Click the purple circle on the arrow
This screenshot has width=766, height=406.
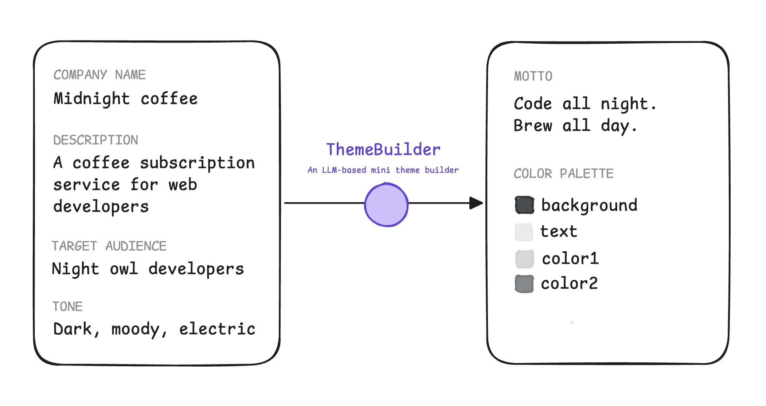pos(386,205)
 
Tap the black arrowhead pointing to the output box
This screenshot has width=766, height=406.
pos(476,203)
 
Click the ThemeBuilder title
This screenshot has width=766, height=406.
pos(383,149)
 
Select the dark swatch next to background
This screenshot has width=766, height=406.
pos(524,205)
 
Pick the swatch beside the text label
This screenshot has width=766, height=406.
pos(524,232)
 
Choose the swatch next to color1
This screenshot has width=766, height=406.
pos(525,259)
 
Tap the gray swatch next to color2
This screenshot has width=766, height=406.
pos(524,284)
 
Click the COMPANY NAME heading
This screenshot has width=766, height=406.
pos(99,75)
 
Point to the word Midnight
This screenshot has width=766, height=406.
pos(91,99)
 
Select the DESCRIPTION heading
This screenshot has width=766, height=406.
pos(95,140)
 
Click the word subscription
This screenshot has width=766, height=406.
pos(197,163)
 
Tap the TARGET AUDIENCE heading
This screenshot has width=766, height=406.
pos(109,246)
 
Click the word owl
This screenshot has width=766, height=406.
pos(124,269)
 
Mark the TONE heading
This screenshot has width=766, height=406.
pos(67,307)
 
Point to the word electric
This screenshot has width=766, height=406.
pos(217,329)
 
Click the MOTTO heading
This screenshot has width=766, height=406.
pos(533,76)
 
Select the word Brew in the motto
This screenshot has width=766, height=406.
pos(533,126)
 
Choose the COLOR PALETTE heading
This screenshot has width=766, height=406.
pos(563,173)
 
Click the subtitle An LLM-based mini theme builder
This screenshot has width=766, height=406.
pos(383,170)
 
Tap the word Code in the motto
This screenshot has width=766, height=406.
pos(533,104)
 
